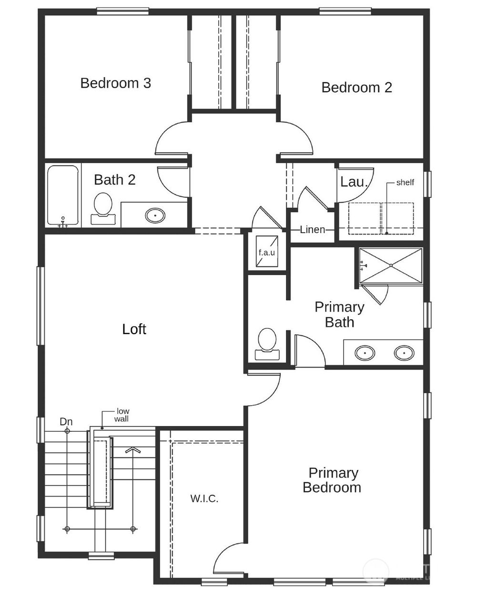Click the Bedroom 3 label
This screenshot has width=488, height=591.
point(115,83)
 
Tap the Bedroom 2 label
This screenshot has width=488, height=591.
point(356,87)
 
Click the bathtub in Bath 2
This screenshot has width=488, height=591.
point(63,195)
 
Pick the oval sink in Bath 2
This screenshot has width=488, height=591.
point(155,215)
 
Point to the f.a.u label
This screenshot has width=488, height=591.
point(267,252)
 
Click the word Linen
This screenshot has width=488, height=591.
point(313,229)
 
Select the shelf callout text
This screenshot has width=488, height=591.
point(405,182)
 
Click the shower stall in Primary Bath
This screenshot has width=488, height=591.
point(391,265)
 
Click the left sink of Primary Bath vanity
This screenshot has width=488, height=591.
point(365,353)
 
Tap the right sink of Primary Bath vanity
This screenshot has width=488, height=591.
point(404,353)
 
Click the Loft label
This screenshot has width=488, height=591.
point(134,329)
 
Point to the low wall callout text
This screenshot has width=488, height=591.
point(122,415)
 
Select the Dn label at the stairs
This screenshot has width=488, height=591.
point(66,421)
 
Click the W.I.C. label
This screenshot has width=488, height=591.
point(204,499)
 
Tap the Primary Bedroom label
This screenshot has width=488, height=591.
point(332,480)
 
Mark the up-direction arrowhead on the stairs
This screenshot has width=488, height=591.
point(133,449)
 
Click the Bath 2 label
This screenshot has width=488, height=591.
point(114,180)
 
